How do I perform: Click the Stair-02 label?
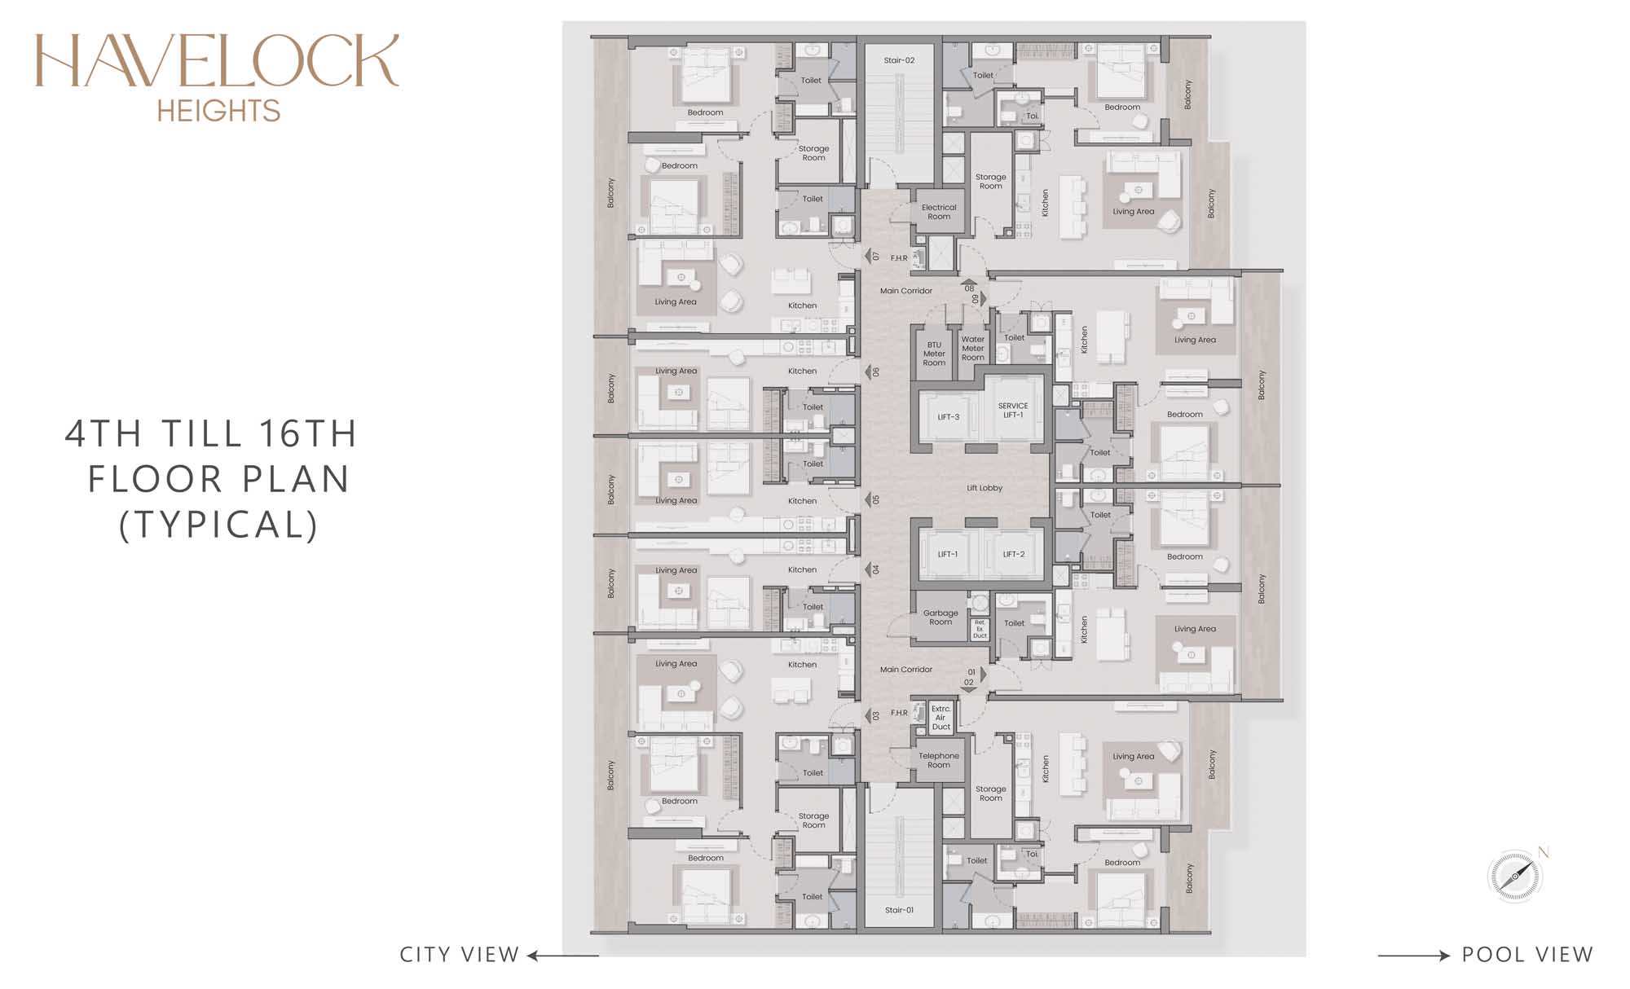coord(899,60)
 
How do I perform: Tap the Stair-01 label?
coord(899,910)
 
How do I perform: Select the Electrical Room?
coord(939,212)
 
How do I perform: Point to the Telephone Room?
coord(939,760)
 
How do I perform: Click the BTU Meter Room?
coord(934,354)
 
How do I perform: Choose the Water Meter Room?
coord(973,349)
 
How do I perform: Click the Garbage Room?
coord(940,617)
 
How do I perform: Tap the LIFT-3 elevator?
coord(949,417)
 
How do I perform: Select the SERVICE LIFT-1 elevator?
coord(1013,410)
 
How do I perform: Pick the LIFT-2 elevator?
coord(1013,554)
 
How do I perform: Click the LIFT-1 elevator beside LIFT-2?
coord(949,554)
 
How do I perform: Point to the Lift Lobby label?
coord(985,488)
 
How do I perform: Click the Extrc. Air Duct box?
coord(941,718)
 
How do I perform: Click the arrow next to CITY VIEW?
coord(562,956)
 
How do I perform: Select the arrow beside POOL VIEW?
coord(1414,956)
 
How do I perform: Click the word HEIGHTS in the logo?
coord(218,111)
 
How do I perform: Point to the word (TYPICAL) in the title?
coord(218,525)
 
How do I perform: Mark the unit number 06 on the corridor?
coord(876,371)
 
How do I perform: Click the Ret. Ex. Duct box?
coord(980,629)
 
